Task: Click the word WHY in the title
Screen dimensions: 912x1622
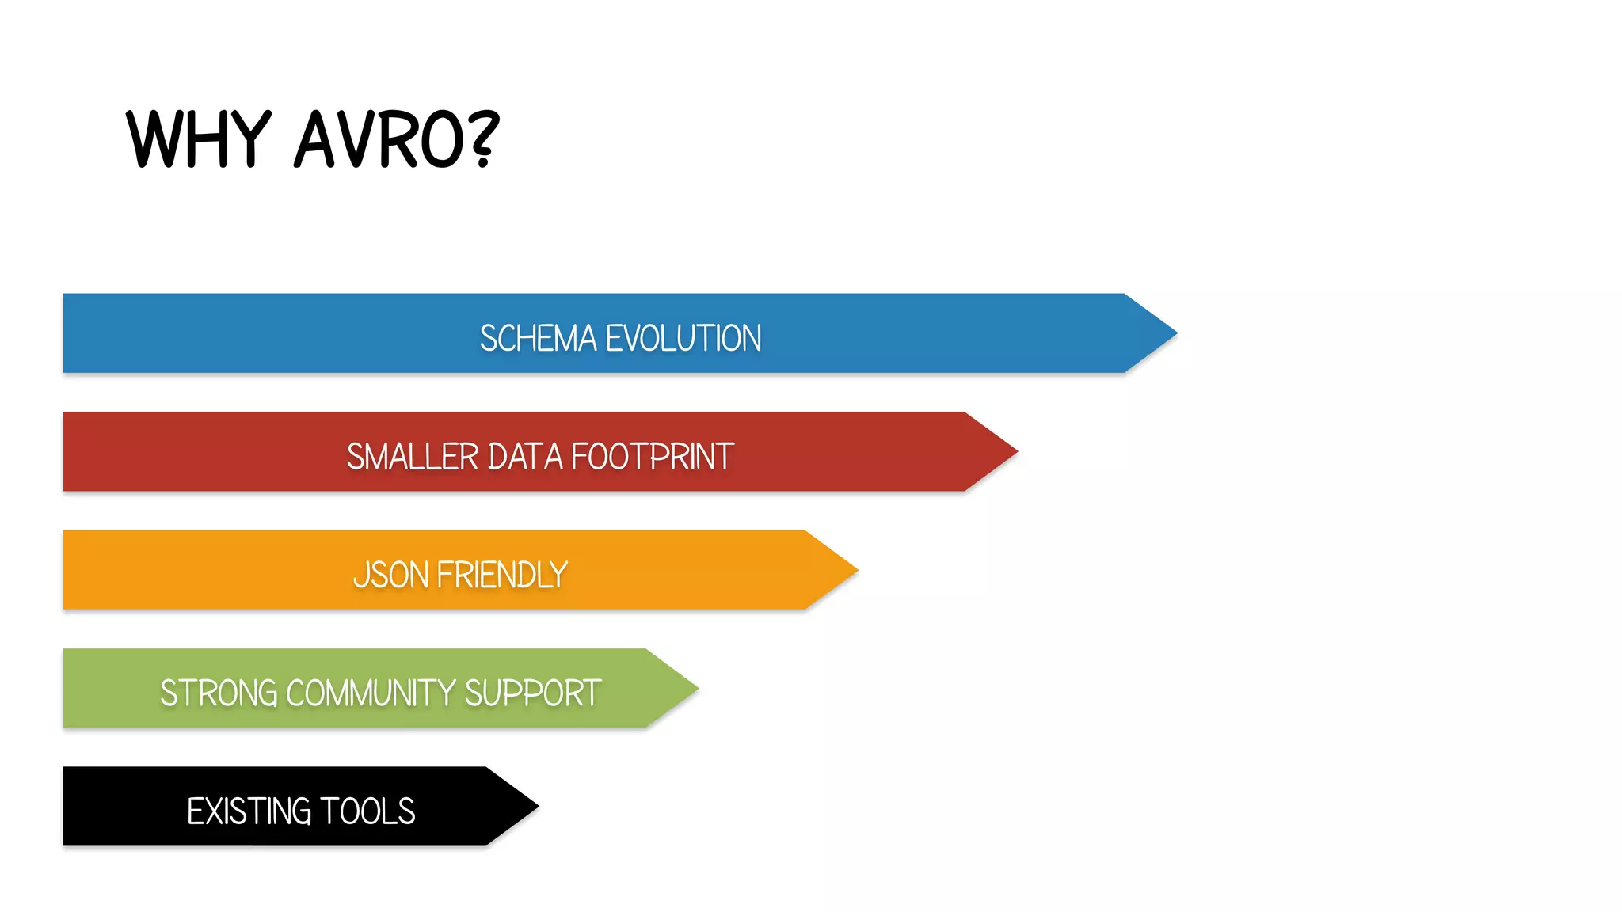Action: (x=198, y=140)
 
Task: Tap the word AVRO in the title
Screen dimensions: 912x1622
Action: (x=377, y=140)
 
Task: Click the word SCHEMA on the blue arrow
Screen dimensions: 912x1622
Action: (x=538, y=338)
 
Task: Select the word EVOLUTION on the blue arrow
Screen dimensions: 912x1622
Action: (x=683, y=338)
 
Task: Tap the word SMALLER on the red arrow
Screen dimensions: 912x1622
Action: (x=413, y=457)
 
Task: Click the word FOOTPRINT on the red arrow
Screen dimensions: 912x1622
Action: (x=653, y=457)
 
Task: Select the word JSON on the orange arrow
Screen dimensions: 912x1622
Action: (x=391, y=575)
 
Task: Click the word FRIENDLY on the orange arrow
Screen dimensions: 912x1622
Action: (x=502, y=575)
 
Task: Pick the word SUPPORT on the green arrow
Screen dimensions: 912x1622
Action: (x=532, y=693)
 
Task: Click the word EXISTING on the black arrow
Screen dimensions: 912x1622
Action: (x=249, y=811)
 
